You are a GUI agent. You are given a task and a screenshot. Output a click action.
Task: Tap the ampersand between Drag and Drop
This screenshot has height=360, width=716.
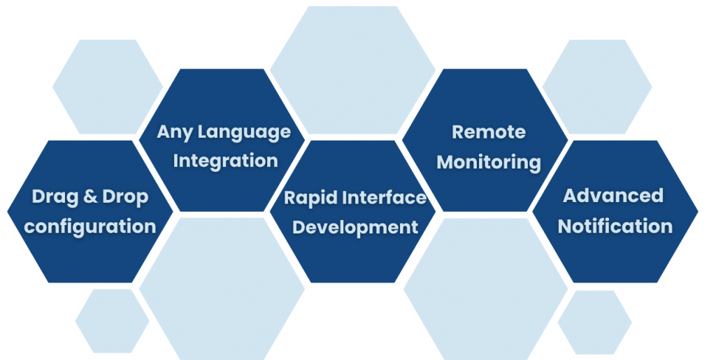point(90,197)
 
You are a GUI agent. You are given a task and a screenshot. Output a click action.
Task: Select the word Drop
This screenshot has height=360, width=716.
point(125,197)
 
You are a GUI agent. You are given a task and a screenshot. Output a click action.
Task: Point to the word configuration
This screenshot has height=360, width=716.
point(90,227)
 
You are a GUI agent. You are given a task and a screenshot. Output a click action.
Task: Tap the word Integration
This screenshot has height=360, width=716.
point(225,161)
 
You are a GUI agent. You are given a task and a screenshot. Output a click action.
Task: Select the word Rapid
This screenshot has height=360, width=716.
point(310,198)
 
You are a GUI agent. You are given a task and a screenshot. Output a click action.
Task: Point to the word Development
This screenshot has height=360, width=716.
point(355,227)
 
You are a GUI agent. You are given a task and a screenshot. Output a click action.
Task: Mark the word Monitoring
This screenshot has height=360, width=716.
point(489,162)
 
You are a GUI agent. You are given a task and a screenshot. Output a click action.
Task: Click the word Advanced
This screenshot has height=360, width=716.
point(613,196)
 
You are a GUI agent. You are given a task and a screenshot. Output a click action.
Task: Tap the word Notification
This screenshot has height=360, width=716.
point(615,226)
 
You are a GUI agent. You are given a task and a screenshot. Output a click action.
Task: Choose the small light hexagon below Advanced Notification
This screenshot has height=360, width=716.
point(594,322)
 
